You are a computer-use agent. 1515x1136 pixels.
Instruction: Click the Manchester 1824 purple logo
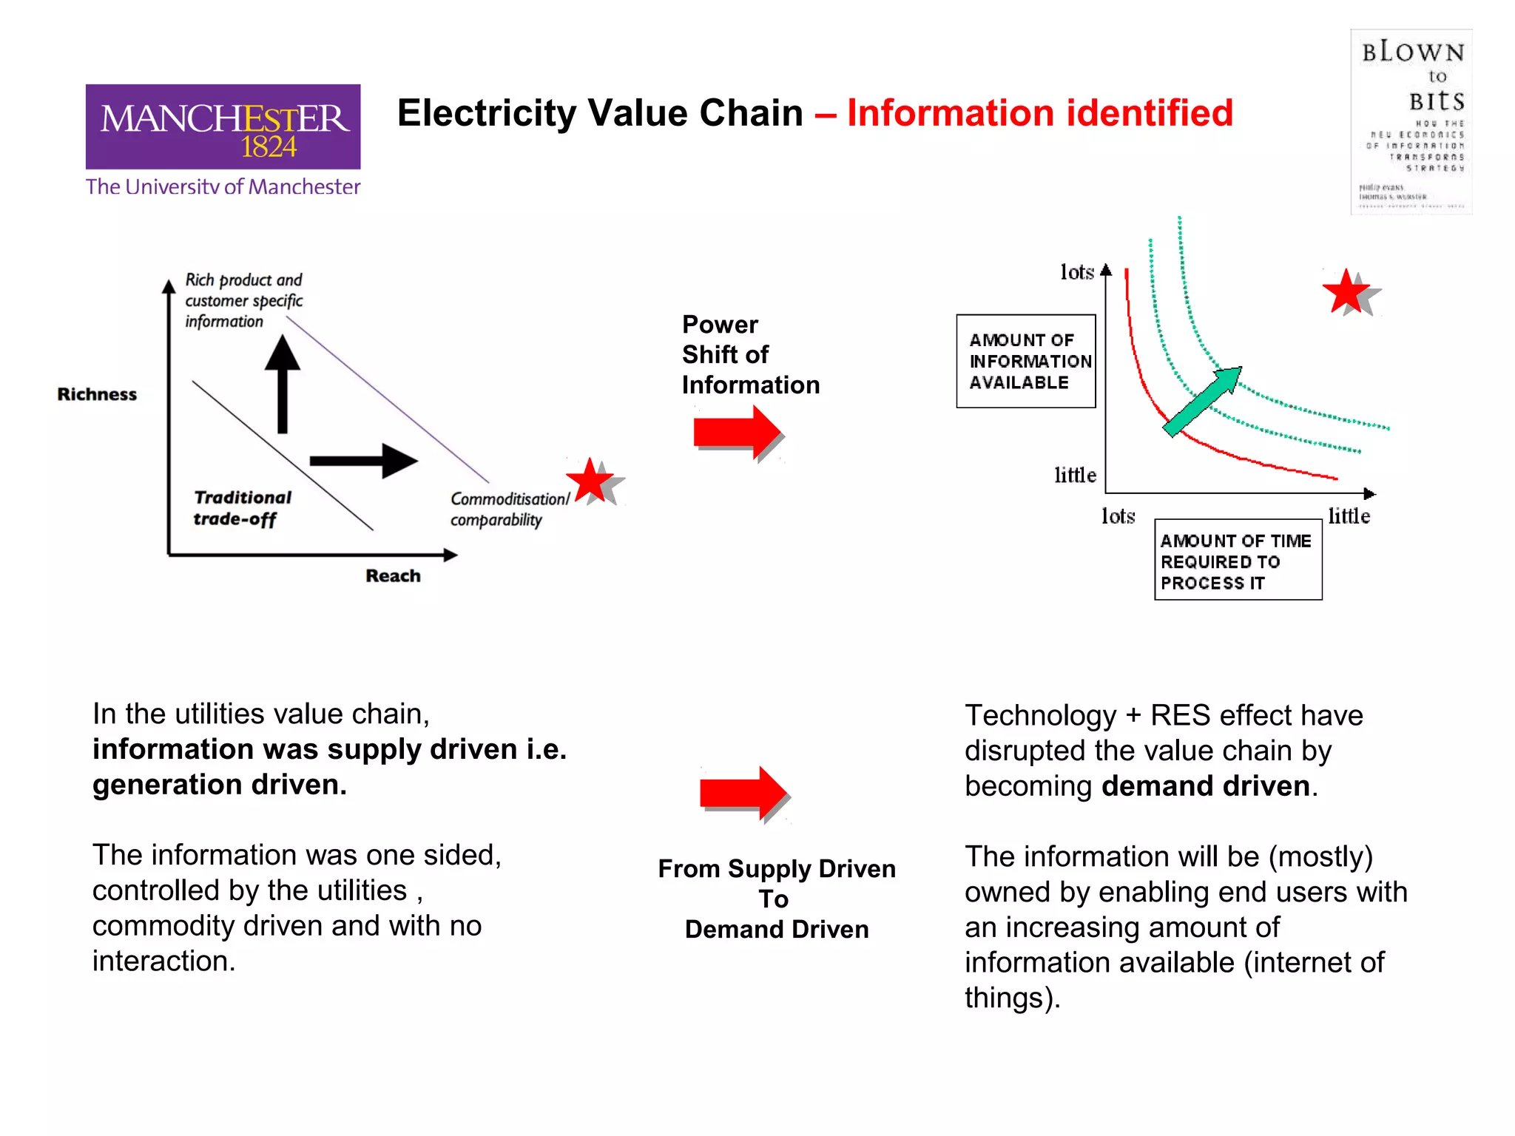click(x=223, y=127)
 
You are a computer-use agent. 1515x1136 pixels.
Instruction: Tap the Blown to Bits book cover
click(x=1411, y=122)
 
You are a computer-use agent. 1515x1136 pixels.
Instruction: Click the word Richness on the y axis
click(x=97, y=394)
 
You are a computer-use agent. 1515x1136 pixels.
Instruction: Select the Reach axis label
click(x=393, y=575)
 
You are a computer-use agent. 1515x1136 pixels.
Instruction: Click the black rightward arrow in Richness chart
click(x=363, y=461)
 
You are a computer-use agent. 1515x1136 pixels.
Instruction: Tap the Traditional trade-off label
click(x=242, y=508)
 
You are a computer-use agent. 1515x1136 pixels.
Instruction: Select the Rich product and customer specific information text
click(x=243, y=300)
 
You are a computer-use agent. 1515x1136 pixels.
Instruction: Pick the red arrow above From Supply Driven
click(x=743, y=793)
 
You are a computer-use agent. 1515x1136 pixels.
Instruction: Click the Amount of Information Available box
click(x=1026, y=361)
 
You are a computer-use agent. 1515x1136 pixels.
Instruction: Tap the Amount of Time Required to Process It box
click(x=1238, y=560)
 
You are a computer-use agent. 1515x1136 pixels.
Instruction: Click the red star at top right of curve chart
click(x=1346, y=291)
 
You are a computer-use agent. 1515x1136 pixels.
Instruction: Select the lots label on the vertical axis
click(x=1076, y=272)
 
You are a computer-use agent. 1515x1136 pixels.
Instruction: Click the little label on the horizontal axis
click(x=1349, y=515)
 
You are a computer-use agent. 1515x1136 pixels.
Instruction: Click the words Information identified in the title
click(x=1039, y=113)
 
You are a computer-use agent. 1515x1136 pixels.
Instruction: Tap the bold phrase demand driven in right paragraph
click(x=1205, y=785)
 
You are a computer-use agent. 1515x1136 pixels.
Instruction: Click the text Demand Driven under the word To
click(x=777, y=929)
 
